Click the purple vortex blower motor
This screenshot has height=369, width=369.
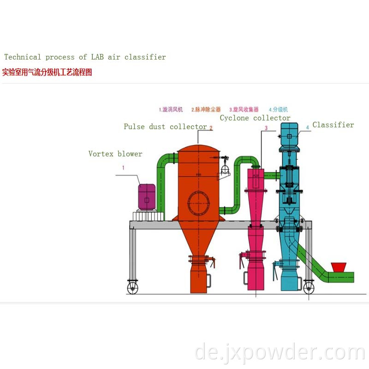pos(147,197)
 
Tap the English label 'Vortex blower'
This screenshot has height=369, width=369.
pos(115,154)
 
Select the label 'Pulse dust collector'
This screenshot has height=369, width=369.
pos(165,127)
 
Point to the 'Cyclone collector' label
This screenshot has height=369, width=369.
pos(255,118)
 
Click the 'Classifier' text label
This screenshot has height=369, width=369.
pos(333,125)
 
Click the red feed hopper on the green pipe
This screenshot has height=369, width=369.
pos(339,267)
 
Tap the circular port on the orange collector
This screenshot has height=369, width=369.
pos(199,203)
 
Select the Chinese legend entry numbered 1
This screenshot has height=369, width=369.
pos(171,110)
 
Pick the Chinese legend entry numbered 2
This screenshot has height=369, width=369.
pos(206,110)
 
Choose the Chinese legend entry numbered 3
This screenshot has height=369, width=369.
pos(244,110)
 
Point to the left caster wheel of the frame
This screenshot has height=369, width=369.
pos(132,288)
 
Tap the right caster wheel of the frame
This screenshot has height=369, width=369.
pos(308,288)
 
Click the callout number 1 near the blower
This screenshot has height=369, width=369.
pos(123,168)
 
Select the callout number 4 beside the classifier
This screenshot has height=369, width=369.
pos(307,127)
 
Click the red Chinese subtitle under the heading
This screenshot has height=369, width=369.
pos(47,72)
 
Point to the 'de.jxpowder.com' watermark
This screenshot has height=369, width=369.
pos(280,353)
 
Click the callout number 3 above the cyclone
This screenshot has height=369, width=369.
pos(266,128)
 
